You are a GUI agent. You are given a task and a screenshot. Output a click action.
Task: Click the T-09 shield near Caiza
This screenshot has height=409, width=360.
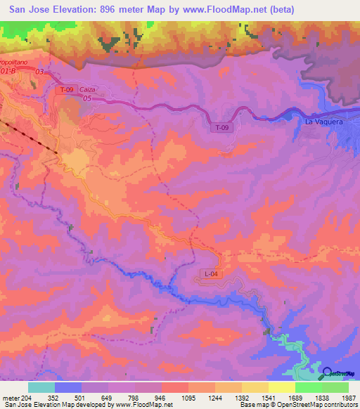(67, 89)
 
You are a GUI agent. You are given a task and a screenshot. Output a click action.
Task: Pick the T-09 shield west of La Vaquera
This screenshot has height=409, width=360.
(221, 127)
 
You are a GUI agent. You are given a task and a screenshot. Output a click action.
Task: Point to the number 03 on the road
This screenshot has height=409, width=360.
(39, 72)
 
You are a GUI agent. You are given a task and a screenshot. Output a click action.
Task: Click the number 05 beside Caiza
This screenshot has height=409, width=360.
(87, 99)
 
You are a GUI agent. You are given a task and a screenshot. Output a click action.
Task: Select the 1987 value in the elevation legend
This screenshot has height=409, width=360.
(349, 396)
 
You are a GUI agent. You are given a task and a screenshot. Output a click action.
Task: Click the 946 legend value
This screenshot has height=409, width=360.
(161, 396)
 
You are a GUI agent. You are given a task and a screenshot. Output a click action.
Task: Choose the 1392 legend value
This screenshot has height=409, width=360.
(241, 396)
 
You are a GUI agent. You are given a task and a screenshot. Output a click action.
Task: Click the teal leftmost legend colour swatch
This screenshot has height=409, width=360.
(41, 387)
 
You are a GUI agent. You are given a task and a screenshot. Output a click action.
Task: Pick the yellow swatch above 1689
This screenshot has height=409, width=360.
(282, 387)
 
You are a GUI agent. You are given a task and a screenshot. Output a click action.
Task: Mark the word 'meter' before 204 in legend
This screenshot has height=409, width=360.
(12, 396)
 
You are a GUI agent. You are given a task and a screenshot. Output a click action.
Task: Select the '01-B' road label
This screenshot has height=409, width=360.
(8, 71)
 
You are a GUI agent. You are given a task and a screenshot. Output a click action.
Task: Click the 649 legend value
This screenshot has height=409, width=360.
(108, 396)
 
